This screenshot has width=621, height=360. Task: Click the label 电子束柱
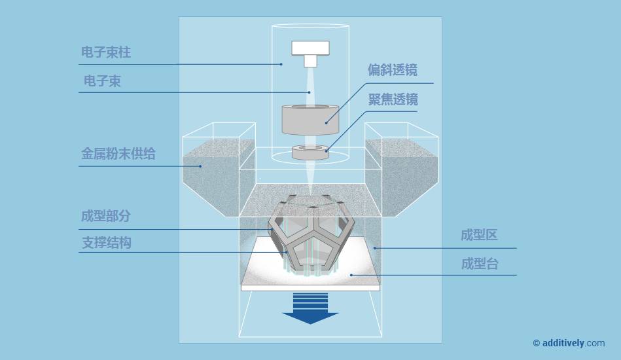click(106, 52)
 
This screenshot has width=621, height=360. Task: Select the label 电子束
click(102, 81)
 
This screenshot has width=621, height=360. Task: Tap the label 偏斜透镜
click(393, 70)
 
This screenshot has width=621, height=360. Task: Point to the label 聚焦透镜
click(393, 99)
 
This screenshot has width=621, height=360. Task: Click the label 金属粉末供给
click(118, 154)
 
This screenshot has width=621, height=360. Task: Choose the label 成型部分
click(106, 216)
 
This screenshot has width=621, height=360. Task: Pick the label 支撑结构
click(106, 243)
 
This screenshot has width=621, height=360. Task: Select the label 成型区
click(479, 236)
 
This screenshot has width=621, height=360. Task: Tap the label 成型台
click(479, 264)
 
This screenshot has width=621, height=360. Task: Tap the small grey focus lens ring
click(310, 153)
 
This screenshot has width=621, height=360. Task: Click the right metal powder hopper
click(400, 173)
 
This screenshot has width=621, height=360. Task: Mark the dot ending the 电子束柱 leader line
click(281, 64)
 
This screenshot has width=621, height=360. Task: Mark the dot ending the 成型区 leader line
click(375, 247)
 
